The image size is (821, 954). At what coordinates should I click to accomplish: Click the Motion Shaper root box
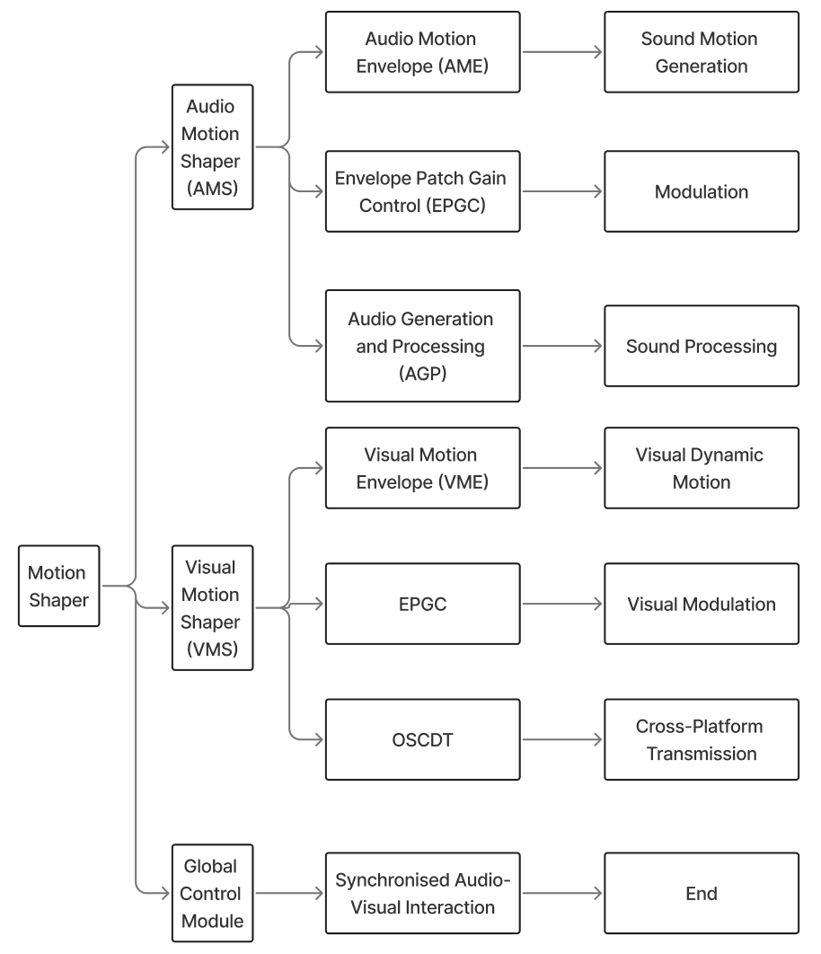(x=58, y=586)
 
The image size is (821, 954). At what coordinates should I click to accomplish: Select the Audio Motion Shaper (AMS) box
(x=212, y=147)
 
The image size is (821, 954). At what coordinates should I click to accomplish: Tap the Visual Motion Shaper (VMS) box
(x=212, y=608)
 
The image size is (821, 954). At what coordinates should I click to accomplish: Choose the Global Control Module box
(x=212, y=894)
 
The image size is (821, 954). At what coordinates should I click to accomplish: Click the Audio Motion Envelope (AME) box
(x=422, y=52)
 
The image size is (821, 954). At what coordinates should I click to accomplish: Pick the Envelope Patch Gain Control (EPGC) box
(x=422, y=191)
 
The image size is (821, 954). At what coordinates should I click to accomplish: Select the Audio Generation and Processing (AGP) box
(x=422, y=345)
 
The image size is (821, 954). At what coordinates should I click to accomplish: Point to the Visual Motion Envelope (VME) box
(x=422, y=468)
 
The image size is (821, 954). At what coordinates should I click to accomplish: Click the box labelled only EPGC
(x=422, y=604)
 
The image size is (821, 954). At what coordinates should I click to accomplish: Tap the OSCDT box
(x=422, y=740)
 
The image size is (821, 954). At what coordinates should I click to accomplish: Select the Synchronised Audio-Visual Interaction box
(x=422, y=894)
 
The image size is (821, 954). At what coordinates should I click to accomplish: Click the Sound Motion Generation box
(x=701, y=52)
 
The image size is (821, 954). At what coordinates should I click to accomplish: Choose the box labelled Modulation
(x=701, y=191)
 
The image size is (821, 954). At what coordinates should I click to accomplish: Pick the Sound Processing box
(x=701, y=346)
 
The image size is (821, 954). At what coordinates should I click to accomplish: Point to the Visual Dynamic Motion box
(x=701, y=468)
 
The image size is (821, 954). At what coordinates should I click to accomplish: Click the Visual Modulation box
(x=701, y=604)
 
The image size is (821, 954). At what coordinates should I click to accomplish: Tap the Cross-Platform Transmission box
(x=701, y=740)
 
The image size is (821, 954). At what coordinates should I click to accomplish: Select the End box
(x=701, y=894)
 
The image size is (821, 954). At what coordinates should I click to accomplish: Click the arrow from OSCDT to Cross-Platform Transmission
(x=561, y=740)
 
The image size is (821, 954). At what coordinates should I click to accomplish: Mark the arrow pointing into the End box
(x=561, y=894)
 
